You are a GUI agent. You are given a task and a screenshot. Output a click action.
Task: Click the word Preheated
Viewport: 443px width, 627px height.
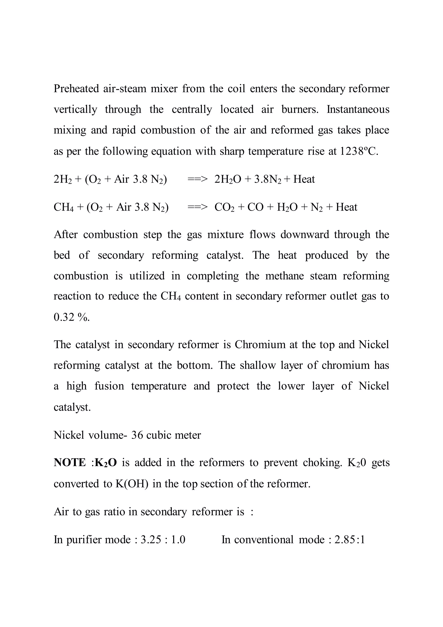click(76, 89)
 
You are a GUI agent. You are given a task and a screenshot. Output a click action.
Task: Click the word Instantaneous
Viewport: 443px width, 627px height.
click(358, 110)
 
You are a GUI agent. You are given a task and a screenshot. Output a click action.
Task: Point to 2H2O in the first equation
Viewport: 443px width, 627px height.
click(228, 179)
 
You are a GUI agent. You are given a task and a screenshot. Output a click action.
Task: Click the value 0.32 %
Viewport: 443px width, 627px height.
click(71, 317)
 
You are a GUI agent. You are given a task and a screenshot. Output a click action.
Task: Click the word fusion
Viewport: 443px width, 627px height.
click(109, 386)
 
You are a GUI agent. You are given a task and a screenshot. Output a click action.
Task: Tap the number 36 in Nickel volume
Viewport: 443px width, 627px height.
click(137, 435)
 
